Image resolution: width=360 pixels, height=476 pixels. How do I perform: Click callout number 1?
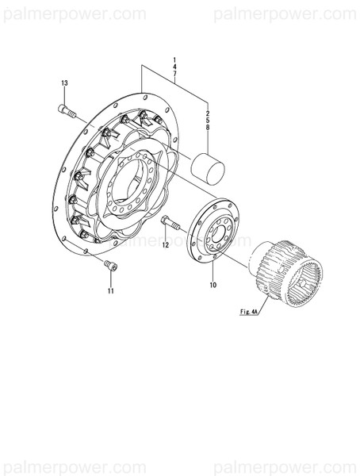174,59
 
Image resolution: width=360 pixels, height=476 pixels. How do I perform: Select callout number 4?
174,67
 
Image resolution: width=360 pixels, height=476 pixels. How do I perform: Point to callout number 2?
209,109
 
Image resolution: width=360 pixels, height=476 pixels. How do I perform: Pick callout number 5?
209,117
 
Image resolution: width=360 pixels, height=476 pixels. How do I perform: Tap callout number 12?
166,246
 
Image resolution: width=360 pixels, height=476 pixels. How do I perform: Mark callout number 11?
111,291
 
